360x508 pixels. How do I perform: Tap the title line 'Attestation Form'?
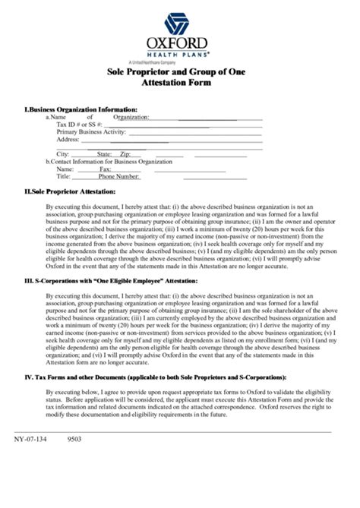180,82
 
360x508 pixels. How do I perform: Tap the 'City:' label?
64,154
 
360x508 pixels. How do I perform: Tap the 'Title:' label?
64,177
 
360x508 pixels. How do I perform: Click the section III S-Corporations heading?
111,280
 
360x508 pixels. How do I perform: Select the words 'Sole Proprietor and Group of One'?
180,71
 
